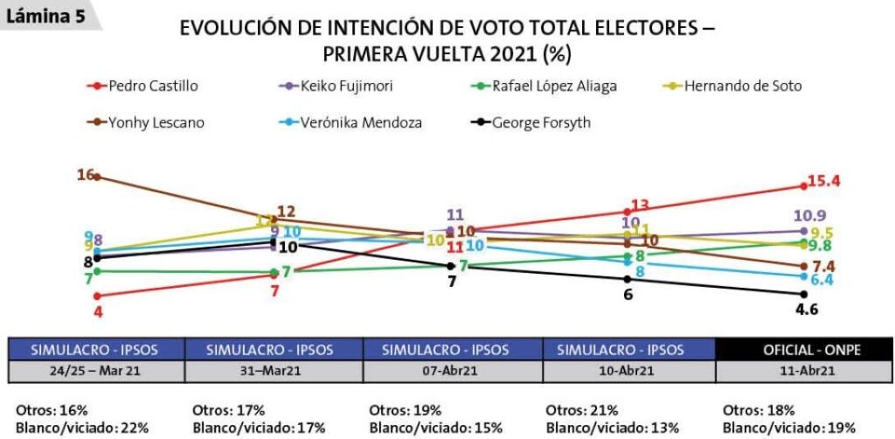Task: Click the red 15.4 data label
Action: point(823,181)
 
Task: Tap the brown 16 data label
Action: point(85,175)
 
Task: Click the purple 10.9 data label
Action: point(810,215)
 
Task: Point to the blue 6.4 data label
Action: point(821,280)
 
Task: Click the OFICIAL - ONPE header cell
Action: point(803,349)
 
